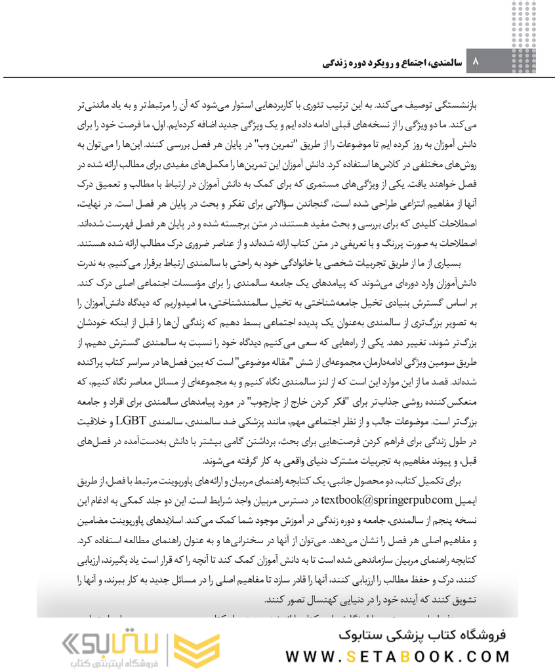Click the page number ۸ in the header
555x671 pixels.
click(476, 64)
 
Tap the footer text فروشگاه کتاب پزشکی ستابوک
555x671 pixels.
click(425, 634)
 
